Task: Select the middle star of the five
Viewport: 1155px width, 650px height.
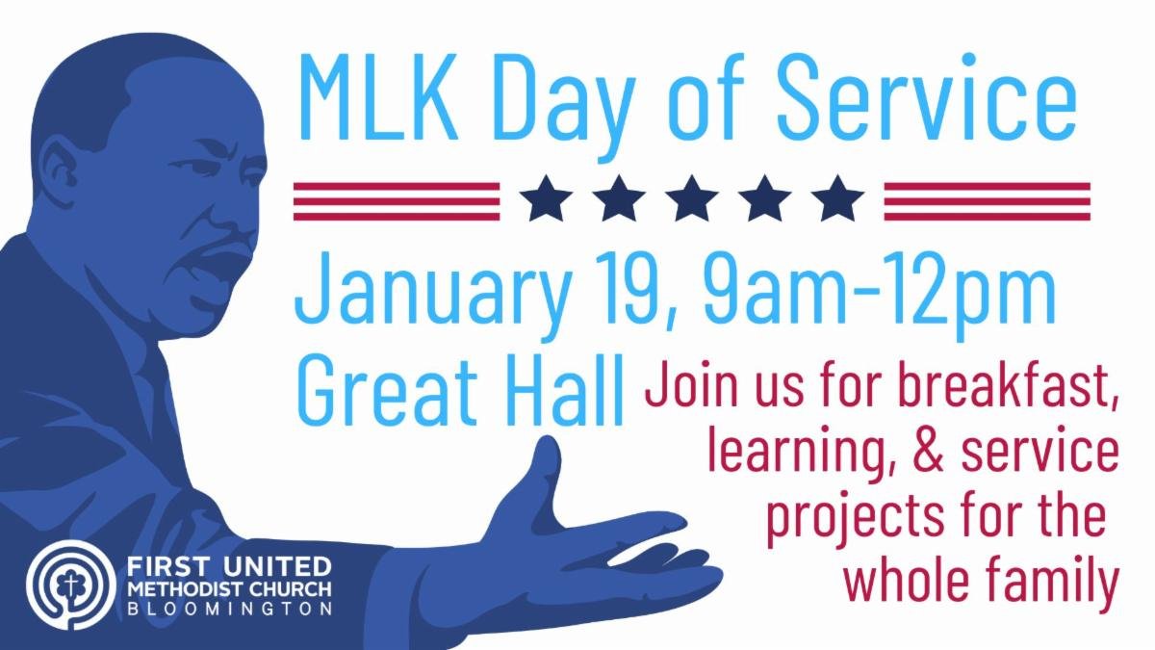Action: (691, 200)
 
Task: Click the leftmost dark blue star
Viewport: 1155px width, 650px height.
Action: (545, 200)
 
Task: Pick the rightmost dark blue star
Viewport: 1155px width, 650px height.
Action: (837, 200)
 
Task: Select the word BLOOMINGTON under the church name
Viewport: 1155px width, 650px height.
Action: (231, 609)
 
